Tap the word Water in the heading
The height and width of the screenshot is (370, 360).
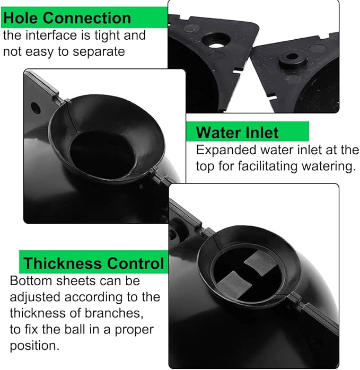(x=218, y=133)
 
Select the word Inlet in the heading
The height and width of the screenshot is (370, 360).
(x=262, y=133)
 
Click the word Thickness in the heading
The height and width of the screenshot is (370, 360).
(x=63, y=263)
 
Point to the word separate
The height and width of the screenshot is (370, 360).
(x=99, y=52)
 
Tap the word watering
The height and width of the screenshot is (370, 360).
(x=329, y=166)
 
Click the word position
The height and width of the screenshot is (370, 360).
(x=34, y=346)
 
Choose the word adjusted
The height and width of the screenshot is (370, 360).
(x=35, y=297)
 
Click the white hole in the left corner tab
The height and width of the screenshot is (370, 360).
(x=216, y=45)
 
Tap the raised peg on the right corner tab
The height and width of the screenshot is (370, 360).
(x=293, y=58)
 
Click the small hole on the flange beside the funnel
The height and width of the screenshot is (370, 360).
(x=35, y=108)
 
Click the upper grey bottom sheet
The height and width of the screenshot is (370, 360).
(x=260, y=263)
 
